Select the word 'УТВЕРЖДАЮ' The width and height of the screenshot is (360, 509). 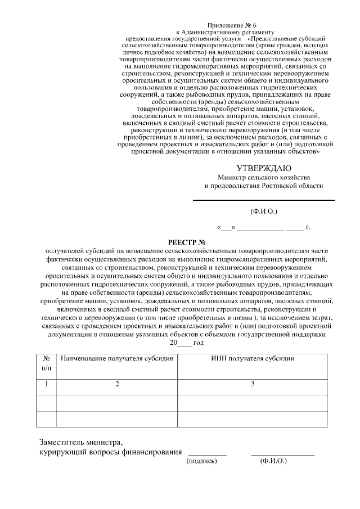point(264,168)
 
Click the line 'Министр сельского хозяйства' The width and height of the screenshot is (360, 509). point(264,178)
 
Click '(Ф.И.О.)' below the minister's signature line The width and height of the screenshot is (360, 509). point(264,211)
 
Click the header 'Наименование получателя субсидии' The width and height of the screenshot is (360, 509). point(117,358)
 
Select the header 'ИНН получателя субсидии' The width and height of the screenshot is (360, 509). point(253,358)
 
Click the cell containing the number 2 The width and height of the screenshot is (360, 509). point(117,384)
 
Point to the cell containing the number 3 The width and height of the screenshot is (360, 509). point(253,384)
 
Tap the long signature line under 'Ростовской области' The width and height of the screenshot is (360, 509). point(264,200)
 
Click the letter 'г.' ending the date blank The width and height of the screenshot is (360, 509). point(308,228)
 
